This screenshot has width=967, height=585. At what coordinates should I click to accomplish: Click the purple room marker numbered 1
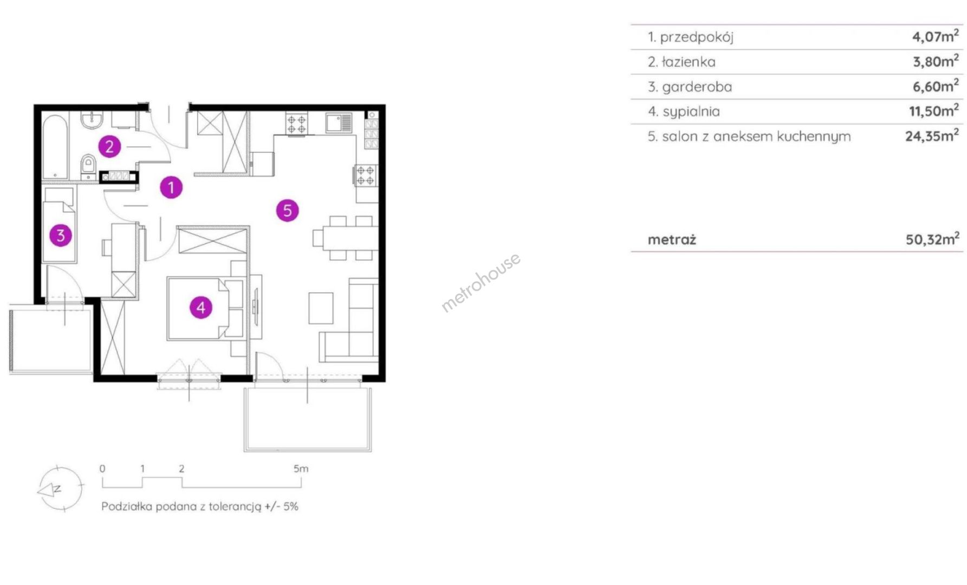[x=171, y=187]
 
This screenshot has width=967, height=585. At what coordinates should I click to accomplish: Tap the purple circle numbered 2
[x=109, y=146]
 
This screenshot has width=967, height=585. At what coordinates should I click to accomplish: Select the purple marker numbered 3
[x=61, y=235]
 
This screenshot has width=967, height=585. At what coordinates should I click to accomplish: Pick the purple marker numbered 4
[x=201, y=308]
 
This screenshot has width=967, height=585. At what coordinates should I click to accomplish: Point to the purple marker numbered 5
[x=287, y=210]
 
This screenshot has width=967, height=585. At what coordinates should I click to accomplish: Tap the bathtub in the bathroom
[x=55, y=146]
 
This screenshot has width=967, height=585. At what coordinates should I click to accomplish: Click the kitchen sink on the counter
[x=339, y=122]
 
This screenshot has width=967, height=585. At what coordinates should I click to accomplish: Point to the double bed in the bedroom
[x=205, y=309]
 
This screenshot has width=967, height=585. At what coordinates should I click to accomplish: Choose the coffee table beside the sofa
[x=321, y=308]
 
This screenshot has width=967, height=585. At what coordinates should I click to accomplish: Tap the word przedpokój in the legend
[x=697, y=37]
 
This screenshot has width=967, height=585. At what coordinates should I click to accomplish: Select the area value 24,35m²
[x=932, y=135]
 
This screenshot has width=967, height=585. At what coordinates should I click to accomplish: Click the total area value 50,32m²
[x=932, y=239]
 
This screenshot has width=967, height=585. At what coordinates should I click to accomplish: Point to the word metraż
[x=672, y=239]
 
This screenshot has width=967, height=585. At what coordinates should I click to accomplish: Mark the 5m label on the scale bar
[x=301, y=469]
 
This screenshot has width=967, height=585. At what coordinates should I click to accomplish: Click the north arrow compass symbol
[x=60, y=488]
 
